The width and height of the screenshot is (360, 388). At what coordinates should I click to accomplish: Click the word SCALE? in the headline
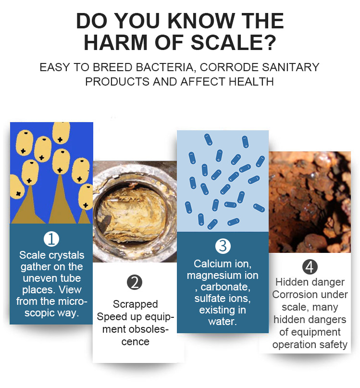coord(233,43)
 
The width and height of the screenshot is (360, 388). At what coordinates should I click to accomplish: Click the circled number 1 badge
coord(51,239)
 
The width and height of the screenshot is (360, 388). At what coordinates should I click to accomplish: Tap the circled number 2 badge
coord(135,282)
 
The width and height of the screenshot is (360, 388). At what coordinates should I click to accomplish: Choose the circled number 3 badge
coord(223,246)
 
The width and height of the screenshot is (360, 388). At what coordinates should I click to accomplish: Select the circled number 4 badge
coord(310,267)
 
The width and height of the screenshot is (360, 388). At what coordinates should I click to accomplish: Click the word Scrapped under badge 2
coord(136,304)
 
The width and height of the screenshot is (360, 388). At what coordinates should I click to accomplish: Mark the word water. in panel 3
coord(223,322)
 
